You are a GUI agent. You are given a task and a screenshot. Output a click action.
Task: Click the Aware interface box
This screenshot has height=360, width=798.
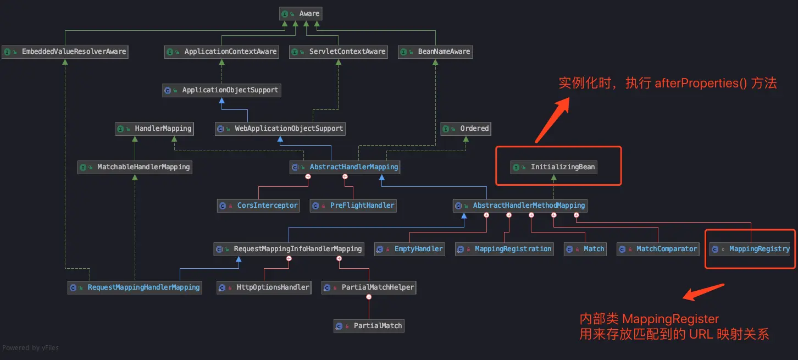click(x=300, y=13)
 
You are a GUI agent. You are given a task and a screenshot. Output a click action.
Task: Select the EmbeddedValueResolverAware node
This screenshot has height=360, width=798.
click(x=65, y=52)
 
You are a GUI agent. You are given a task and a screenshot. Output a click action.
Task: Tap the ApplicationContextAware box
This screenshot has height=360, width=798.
click(x=221, y=52)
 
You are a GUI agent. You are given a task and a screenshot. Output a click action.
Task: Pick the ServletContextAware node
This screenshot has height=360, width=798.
click(x=338, y=52)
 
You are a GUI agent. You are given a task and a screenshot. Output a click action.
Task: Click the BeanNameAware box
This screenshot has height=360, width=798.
click(x=435, y=52)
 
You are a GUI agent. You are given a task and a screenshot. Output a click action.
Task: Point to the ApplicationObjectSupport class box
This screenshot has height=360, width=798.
click(x=221, y=90)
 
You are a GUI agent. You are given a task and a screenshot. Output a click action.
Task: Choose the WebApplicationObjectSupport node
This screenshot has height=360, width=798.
click(x=280, y=129)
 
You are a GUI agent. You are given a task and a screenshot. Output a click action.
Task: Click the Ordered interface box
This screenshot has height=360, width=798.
click(x=465, y=129)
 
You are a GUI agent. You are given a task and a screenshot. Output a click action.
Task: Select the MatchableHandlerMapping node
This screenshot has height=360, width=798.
click(x=135, y=167)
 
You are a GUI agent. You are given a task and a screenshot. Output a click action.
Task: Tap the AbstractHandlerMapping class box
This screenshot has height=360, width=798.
click(x=345, y=167)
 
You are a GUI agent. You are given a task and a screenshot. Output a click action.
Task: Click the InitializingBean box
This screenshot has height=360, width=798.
click(x=554, y=167)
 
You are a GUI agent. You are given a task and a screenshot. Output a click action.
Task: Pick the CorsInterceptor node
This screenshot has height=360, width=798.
click(x=258, y=206)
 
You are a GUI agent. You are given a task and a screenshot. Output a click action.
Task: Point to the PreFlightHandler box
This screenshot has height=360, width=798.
click(x=353, y=206)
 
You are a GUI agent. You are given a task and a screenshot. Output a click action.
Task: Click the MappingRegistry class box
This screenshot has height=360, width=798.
click(x=751, y=249)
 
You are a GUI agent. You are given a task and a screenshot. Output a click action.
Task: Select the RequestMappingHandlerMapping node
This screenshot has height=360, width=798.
click(x=135, y=287)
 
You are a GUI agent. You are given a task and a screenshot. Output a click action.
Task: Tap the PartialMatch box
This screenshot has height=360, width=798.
click(x=369, y=326)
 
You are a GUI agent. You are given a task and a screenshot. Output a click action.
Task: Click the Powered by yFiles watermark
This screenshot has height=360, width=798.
click(x=30, y=348)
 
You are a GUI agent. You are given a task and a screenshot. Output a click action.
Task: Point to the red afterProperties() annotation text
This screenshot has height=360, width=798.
click(x=668, y=84)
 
